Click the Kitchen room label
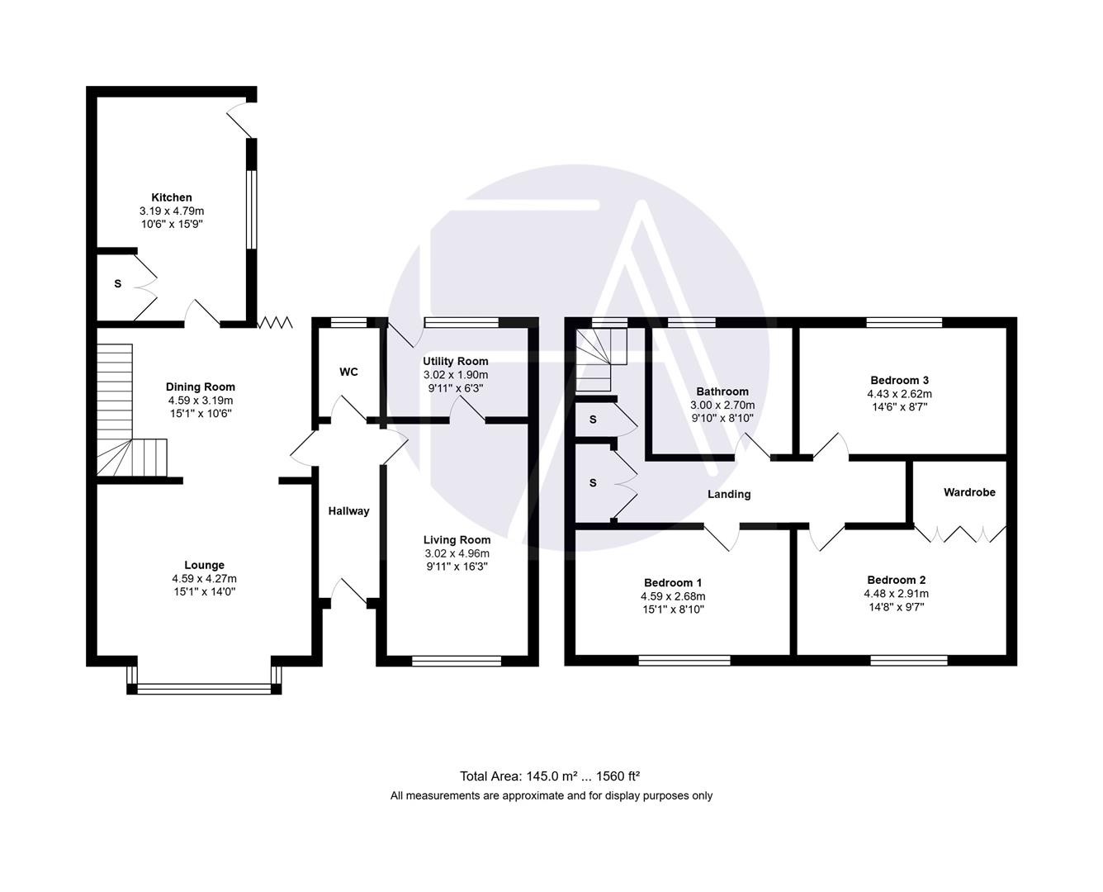[172, 197]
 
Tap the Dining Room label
[201, 387]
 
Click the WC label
[348, 372]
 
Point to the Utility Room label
[455, 361]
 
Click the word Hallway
[348, 511]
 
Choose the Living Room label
[457, 540]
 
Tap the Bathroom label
[722, 391]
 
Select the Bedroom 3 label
[898, 380]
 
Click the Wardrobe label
[969, 492]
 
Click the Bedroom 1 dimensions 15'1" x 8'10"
[673, 610]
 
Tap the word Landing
[729, 494]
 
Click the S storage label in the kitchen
[117, 283]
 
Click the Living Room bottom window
[457, 660]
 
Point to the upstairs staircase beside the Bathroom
[600, 359]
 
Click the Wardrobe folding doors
[960, 534]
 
